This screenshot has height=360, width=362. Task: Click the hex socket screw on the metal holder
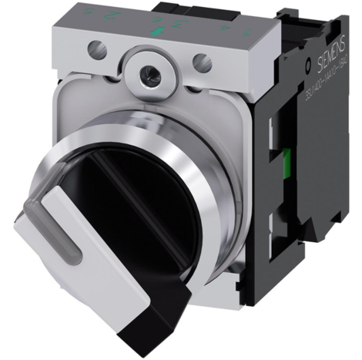148,76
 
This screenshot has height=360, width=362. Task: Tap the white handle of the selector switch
62,247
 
